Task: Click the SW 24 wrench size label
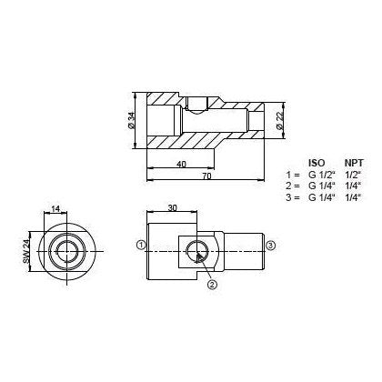click(x=26, y=247)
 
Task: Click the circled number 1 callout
click(x=141, y=245)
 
